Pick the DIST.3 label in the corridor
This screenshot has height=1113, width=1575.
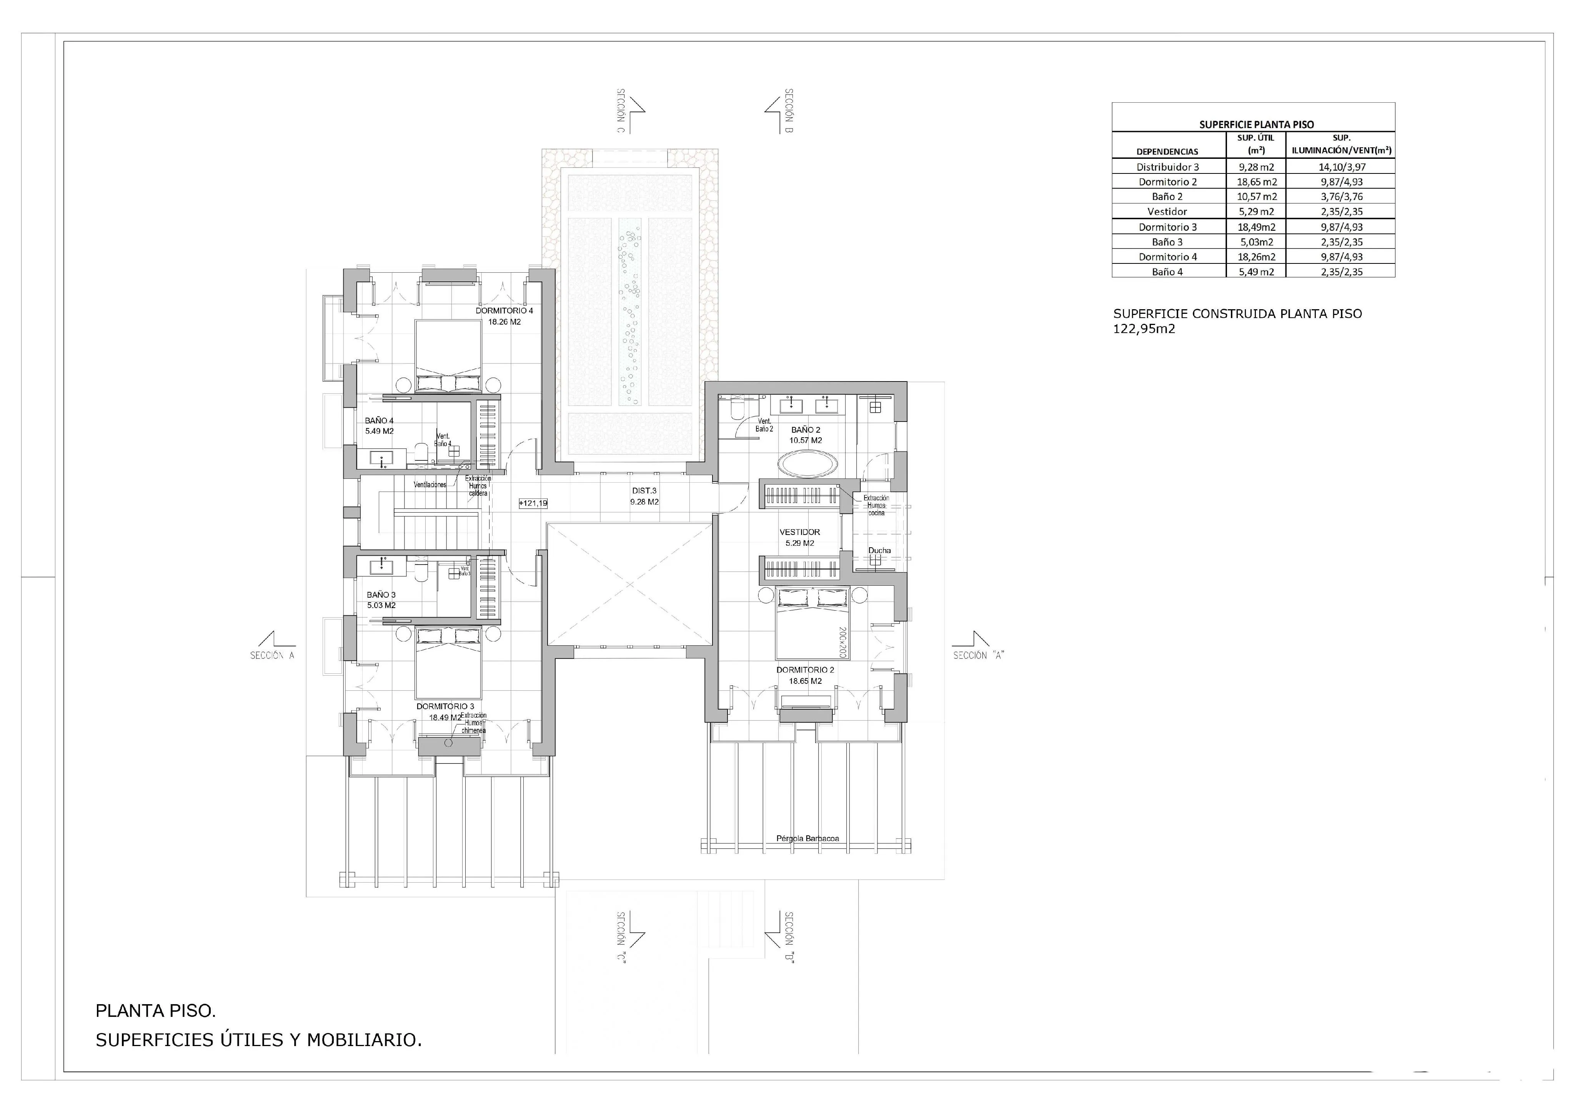point(644,491)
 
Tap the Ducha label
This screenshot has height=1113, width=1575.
point(879,550)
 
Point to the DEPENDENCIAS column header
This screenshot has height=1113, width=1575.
point(1167,152)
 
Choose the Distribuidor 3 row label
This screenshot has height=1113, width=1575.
point(1167,167)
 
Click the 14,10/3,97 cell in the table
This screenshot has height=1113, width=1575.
point(1341,167)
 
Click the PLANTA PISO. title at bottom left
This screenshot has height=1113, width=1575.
point(156,1011)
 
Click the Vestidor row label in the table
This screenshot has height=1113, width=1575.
point(1167,212)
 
